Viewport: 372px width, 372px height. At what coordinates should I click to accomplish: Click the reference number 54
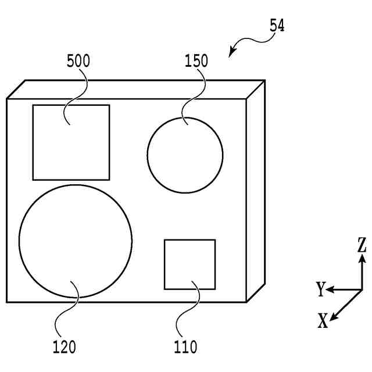277,26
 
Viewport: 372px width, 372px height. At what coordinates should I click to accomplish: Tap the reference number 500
78,61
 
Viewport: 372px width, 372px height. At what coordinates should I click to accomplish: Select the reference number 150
196,61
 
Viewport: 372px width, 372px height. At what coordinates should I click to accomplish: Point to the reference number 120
64,348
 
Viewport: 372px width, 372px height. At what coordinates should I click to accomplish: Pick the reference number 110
185,348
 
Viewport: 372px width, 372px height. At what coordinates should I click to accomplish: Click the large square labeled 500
71,143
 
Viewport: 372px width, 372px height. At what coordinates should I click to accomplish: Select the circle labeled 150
185,155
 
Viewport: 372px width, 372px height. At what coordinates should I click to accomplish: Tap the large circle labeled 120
76,242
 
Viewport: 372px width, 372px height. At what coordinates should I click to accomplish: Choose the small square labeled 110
190,264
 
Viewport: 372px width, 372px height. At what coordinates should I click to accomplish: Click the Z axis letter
362,245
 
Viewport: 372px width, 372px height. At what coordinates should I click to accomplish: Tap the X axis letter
323,320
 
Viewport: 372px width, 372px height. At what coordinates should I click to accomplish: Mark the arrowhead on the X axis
334,316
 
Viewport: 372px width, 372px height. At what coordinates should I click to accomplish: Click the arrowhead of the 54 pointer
232,53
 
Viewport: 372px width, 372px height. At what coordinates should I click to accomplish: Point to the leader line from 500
79,93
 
